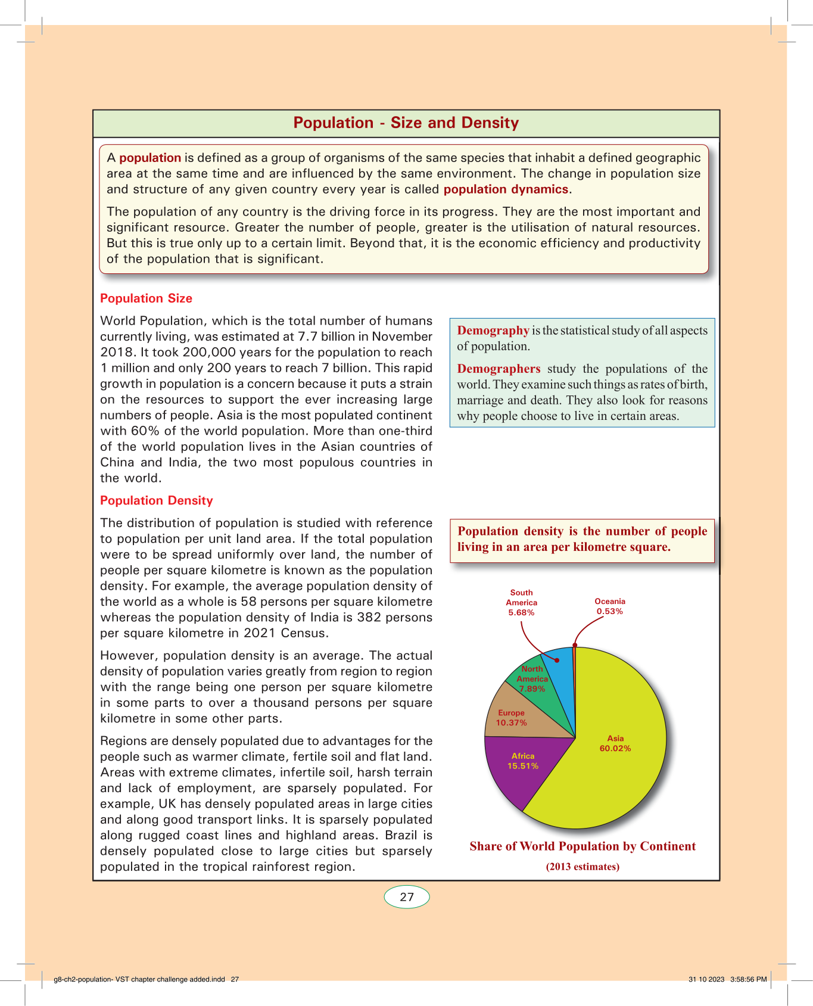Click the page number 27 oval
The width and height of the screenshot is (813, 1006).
click(407, 897)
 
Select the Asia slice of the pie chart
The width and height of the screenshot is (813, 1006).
click(619, 774)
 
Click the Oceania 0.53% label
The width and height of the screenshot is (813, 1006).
click(610, 606)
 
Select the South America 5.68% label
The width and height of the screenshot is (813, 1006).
click(521, 602)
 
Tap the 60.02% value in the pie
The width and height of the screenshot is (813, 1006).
click(615, 749)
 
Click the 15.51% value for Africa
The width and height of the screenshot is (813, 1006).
click(523, 766)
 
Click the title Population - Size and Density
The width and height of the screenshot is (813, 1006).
click(406, 123)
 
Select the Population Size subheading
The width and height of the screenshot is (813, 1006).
click(146, 298)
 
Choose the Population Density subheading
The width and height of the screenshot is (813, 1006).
click(156, 500)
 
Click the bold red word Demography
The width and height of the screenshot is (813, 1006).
click(493, 331)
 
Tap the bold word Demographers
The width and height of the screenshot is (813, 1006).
click(499, 369)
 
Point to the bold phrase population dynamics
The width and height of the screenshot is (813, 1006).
click(506, 189)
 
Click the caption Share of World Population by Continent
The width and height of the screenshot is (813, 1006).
click(583, 846)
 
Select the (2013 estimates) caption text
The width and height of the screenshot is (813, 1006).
click(583, 867)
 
